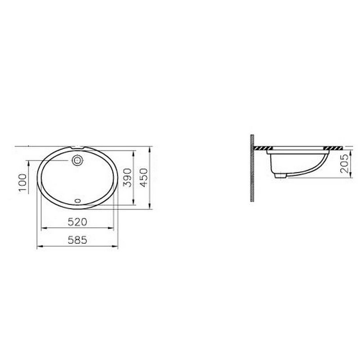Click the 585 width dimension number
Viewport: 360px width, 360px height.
(77, 240)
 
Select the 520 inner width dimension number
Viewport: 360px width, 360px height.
(77, 222)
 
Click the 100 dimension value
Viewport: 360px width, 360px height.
(23, 182)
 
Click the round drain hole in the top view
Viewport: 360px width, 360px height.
(77, 160)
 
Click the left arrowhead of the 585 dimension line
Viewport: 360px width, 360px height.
(38, 246)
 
